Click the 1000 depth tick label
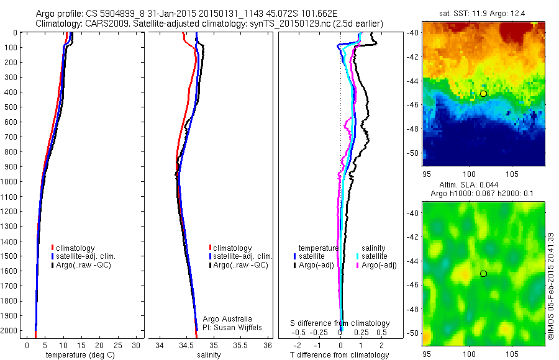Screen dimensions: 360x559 11,182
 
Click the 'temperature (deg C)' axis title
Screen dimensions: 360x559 76,355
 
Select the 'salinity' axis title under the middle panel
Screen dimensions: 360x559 209,355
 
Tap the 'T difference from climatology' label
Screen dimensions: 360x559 340,355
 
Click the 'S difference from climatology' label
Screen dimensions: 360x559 340,323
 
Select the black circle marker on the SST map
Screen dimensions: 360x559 483,94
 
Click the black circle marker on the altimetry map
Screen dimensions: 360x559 483,274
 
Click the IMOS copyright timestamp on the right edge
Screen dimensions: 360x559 551,286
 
